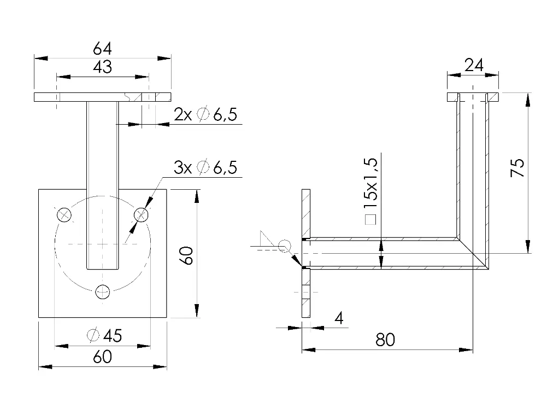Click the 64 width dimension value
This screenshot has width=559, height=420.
pyautogui.click(x=102, y=49)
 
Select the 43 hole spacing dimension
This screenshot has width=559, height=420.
pyautogui.click(x=102, y=67)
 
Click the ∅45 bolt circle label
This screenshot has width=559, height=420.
pyautogui.click(x=104, y=335)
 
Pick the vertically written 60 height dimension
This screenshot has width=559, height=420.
pyautogui.click(x=186, y=255)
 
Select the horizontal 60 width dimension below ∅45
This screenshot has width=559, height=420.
pyautogui.click(x=102, y=357)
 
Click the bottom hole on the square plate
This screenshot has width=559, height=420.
pyautogui.click(x=102, y=291)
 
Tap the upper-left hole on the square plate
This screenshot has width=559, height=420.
pyautogui.click(x=64, y=215)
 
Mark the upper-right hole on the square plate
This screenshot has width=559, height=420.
pyautogui.click(x=141, y=215)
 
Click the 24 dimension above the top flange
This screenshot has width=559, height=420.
pyautogui.click(x=473, y=66)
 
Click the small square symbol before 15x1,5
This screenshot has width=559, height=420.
pyautogui.click(x=370, y=220)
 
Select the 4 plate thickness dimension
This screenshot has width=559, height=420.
pyautogui.click(x=339, y=318)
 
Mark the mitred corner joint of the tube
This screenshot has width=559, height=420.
pyautogui.click(x=473, y=253)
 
